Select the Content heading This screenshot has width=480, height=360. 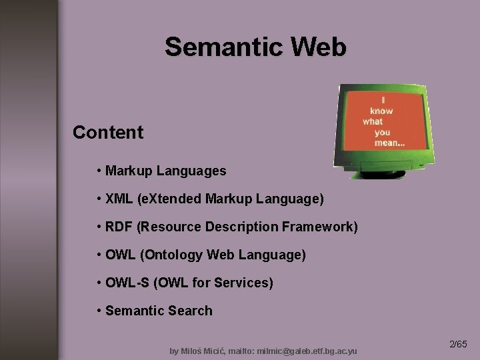click(108, 132)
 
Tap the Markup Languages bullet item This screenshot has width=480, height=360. click(165, 171)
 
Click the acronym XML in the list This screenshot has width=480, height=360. click(119, 199)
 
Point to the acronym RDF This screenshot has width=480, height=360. click(119, 227)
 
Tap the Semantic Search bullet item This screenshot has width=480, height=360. click(159, 311)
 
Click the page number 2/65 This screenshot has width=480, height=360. click(459, 345)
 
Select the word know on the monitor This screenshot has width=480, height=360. click(382, 111)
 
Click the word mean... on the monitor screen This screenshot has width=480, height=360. click(390, 143)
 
